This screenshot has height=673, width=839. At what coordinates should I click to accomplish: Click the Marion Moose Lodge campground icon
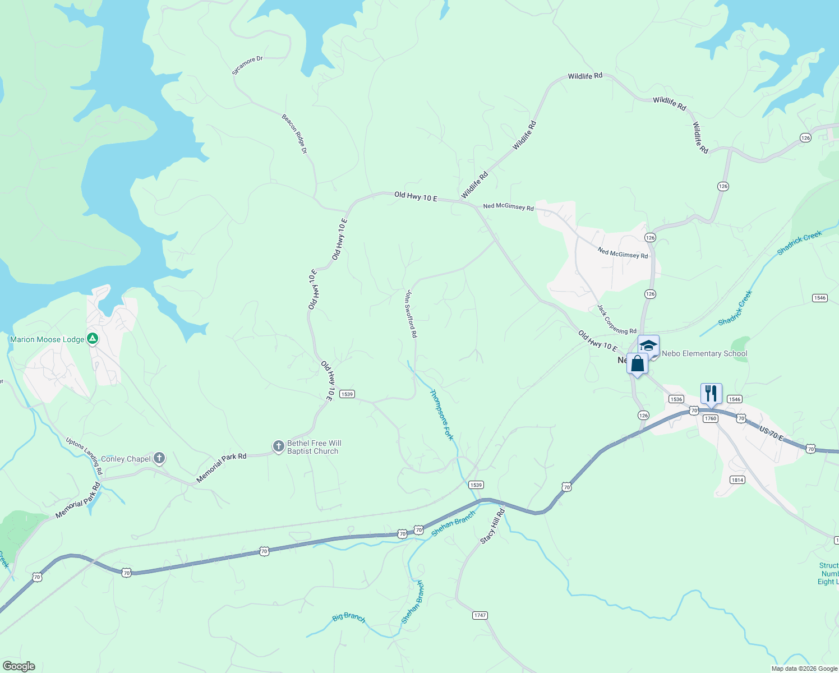[x=93, y=339]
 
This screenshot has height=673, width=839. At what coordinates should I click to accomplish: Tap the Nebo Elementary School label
[x=704, y=353]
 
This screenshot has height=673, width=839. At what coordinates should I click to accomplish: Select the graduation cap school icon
[x=648, y=345]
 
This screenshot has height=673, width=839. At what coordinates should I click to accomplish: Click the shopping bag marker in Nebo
[x=637, y=364]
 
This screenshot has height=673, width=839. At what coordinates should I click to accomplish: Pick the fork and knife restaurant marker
[x=711, y=393]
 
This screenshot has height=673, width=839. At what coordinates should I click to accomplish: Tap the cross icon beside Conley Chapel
[x=159, y=458]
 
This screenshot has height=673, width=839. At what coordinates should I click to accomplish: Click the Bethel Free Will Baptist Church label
[x=314, y=447]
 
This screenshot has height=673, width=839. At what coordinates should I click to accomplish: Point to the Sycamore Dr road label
[x=247, y=65]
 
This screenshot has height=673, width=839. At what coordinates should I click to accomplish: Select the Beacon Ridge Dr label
[x=294, y=134]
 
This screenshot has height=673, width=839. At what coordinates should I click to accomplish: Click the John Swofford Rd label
[x=412, y=314]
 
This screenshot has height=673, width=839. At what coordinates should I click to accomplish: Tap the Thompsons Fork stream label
[x=441, y=415]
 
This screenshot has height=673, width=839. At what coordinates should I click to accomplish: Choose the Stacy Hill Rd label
[x=492, y=526]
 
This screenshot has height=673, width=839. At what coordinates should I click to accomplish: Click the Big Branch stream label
[x=349, y=617]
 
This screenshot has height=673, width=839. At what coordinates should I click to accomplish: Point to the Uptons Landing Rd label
[x=84, y=456]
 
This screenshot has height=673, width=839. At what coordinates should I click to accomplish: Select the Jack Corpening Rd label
[x=616, y=320]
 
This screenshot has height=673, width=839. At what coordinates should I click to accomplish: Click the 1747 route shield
[x=480, y=615]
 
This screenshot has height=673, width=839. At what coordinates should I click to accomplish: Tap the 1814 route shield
[x=737, y=480]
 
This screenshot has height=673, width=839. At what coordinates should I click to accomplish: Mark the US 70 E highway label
[x=771, y=433]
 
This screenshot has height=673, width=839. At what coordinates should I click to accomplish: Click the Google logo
[x=19, y=666]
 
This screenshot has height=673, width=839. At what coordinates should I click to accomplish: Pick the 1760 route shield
[x=711, y=418]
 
